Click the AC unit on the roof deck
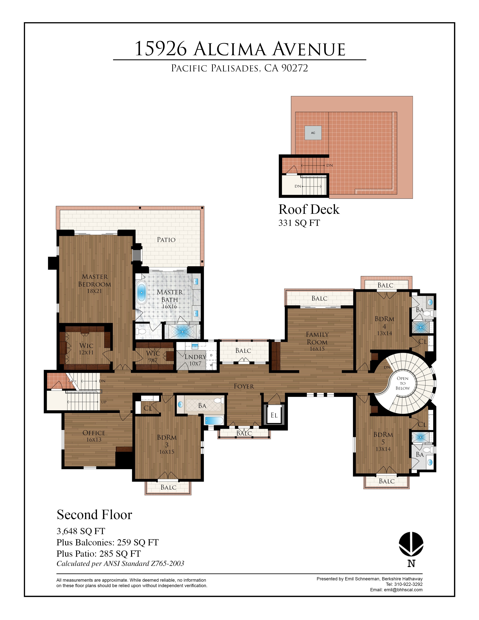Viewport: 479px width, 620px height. coord(313,133)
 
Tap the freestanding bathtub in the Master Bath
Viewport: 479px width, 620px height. coord(141,292)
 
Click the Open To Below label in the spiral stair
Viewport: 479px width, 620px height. coord(403,383)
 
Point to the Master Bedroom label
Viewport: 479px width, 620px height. coord(94,281)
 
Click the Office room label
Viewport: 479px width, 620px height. coord(94,433)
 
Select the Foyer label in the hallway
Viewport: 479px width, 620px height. coord(244,386)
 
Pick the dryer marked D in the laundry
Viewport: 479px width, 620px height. coord(211,355)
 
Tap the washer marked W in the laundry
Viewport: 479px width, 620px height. coord(211,365)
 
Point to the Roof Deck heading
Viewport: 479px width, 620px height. coord(309,209)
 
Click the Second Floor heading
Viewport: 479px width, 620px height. coord(94,515)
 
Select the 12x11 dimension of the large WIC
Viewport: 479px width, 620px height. coord(86,352)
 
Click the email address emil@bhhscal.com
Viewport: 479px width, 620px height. coord(403,590)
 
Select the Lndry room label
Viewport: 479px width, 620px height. coord(195,357)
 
